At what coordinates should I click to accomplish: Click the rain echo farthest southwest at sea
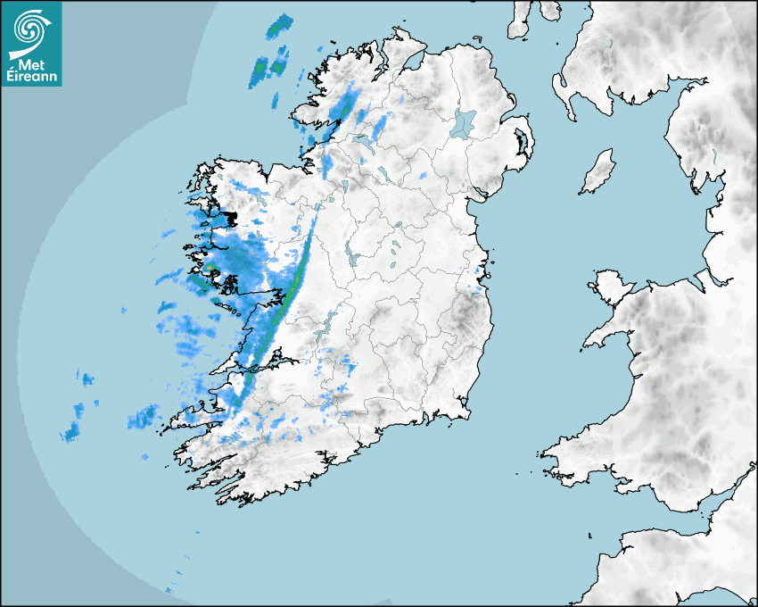pyautogui.click(x=70, y=434)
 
